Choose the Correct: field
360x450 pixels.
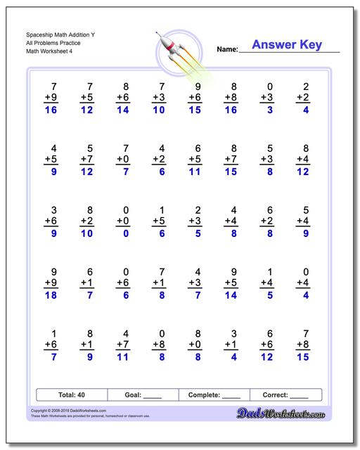tap(285, 395)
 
